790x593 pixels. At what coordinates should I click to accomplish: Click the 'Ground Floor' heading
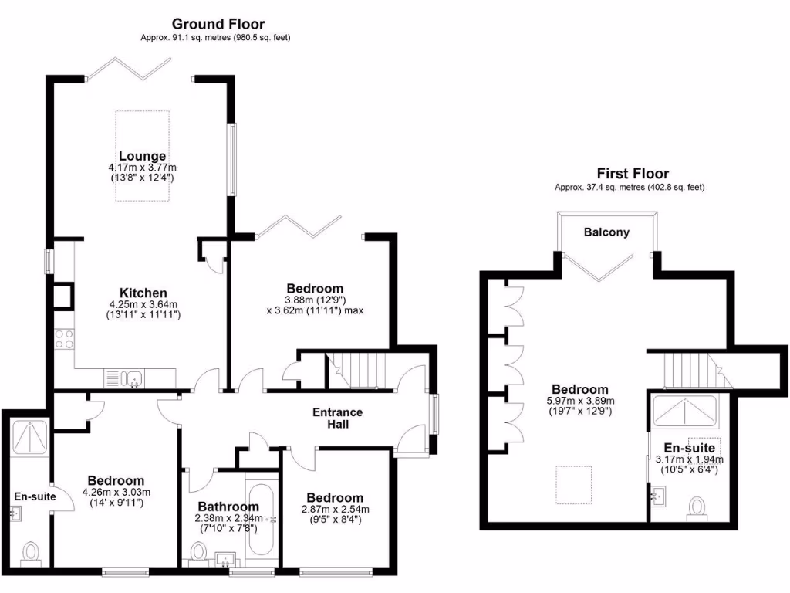218,24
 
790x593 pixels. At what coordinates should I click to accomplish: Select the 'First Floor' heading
633,174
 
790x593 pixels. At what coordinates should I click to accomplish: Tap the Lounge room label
142,156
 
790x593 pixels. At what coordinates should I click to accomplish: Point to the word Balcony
606,232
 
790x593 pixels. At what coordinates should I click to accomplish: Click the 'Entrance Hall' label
337,418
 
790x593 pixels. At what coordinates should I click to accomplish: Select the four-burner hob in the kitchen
64,340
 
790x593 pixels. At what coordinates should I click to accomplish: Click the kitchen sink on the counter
133,378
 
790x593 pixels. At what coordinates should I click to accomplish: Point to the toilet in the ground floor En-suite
31,553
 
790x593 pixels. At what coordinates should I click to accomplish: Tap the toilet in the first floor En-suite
697,508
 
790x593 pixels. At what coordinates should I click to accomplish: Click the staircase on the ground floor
356,370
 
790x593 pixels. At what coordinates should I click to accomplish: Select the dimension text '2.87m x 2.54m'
335,509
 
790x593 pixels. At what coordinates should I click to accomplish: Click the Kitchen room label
143,293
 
